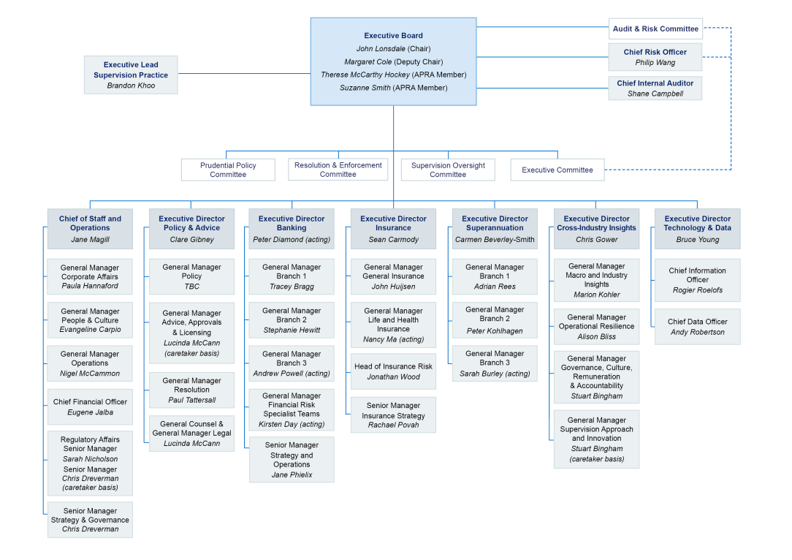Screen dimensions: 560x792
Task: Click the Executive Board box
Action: [393, 61]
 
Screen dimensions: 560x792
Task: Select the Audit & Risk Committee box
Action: [655, 29]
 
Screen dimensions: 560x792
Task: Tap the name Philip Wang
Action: [655, 63]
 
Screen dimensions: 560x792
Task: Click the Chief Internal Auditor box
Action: [655, 88]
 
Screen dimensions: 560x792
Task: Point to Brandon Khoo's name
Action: [131, 86]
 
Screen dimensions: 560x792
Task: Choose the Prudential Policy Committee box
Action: [228, 170]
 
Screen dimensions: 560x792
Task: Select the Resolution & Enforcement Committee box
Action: [338, 170]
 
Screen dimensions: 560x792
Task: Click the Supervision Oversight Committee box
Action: [448, 170]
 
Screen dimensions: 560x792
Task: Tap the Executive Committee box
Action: [557, 170]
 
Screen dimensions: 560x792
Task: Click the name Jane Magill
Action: [90, 239]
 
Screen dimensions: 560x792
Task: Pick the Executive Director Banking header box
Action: [292, 228]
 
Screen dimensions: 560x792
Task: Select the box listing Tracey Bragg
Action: [292, 276]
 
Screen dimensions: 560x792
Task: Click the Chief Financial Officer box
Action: [90, 407]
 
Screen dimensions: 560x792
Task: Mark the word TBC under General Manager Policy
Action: [191, 287]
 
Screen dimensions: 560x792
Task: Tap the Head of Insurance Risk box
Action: [393, 371]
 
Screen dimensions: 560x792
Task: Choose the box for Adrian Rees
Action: [495, 276]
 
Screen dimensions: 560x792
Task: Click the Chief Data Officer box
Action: [697, 327]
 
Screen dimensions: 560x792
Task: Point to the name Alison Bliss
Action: [597, 337]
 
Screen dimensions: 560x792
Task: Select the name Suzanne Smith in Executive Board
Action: [365, 88]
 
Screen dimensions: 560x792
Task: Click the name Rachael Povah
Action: [393, 425]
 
